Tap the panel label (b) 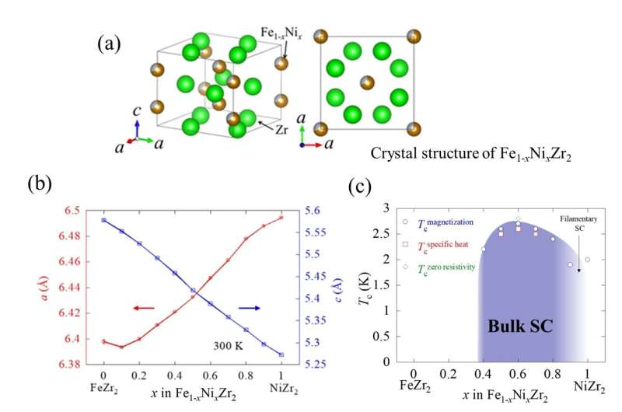click(40, 183)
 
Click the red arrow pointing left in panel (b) click(145, 308)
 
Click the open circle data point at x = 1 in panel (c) click(587, 260)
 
